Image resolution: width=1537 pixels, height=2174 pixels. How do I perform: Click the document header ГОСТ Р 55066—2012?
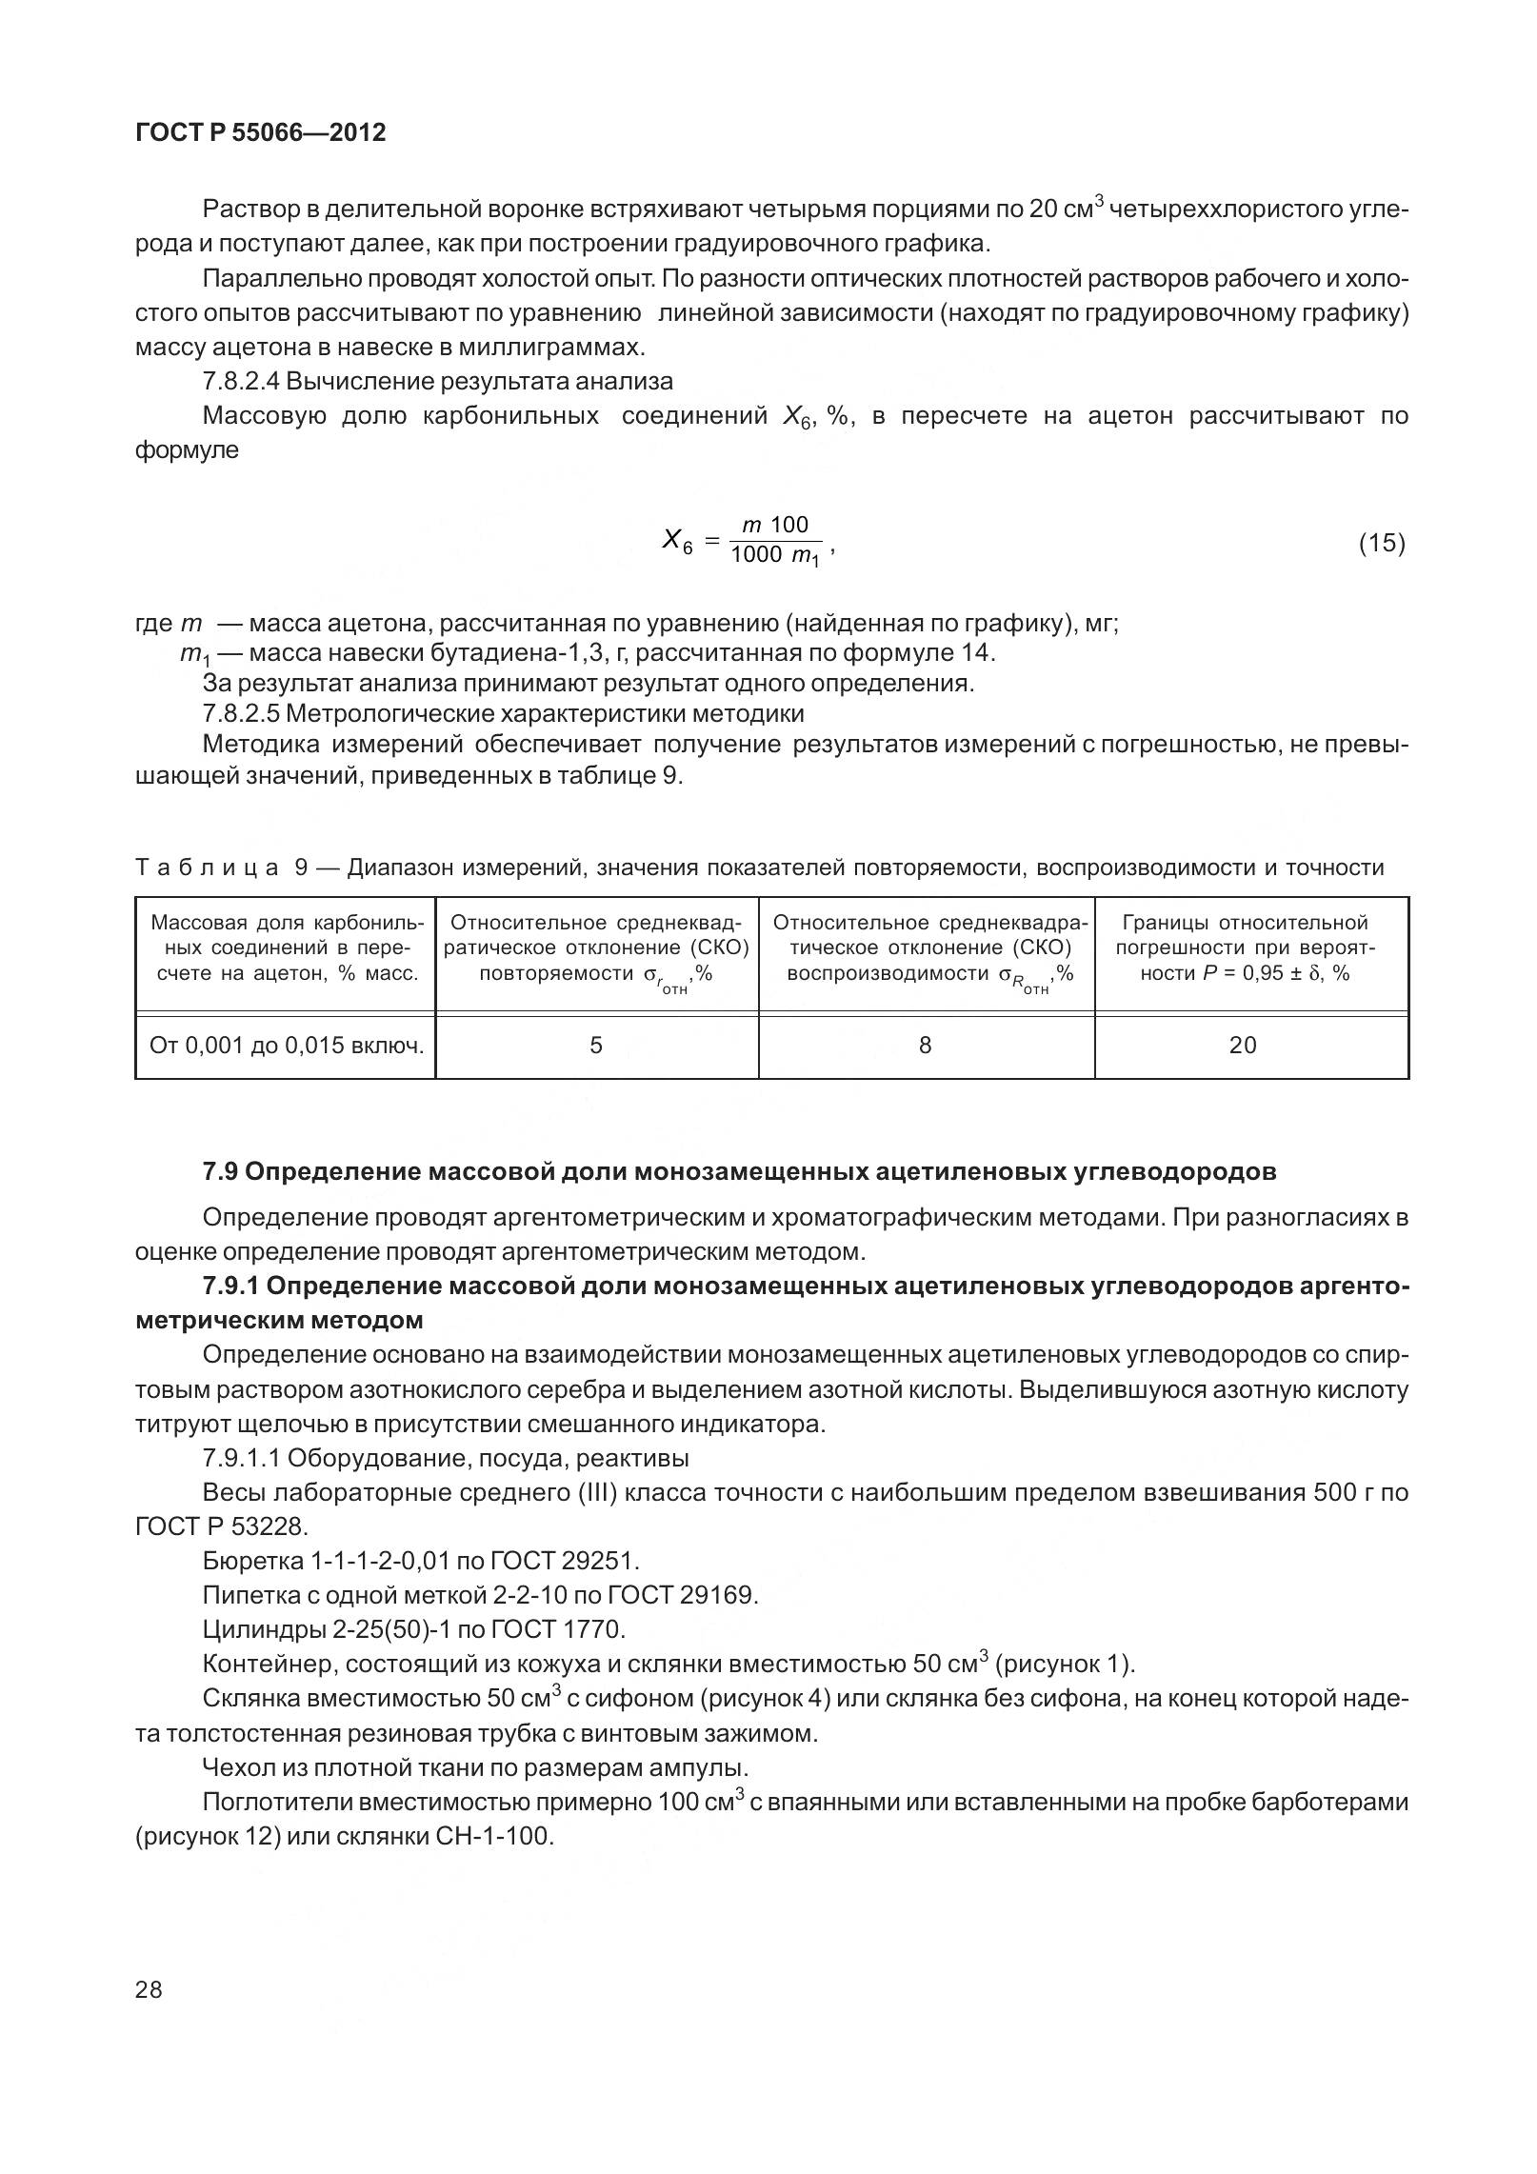point(261,132)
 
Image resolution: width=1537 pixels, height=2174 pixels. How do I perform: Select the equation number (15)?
point(1381,543)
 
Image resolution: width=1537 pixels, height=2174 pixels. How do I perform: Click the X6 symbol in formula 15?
point(676,542)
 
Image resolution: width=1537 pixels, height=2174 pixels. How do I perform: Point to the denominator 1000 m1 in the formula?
point(774,556)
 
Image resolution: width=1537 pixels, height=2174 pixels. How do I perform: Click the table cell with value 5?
point(596,1046)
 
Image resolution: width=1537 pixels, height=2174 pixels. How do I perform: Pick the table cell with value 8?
point(926,1046)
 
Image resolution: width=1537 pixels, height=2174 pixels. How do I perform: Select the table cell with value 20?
point(1243,1046)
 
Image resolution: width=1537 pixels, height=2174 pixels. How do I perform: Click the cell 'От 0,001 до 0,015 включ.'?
point(286,1046)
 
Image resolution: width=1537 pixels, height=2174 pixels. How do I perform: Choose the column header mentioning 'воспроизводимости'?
point(926,948)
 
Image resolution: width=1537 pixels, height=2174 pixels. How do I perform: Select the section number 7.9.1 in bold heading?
point(230,1286)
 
